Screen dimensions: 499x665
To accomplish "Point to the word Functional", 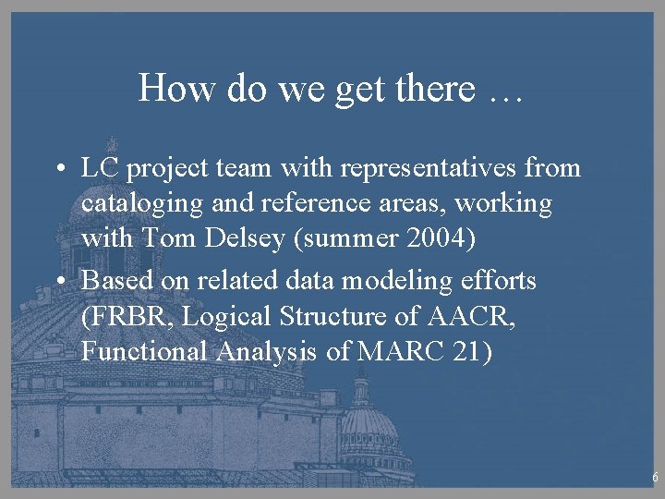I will coord(145,352).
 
